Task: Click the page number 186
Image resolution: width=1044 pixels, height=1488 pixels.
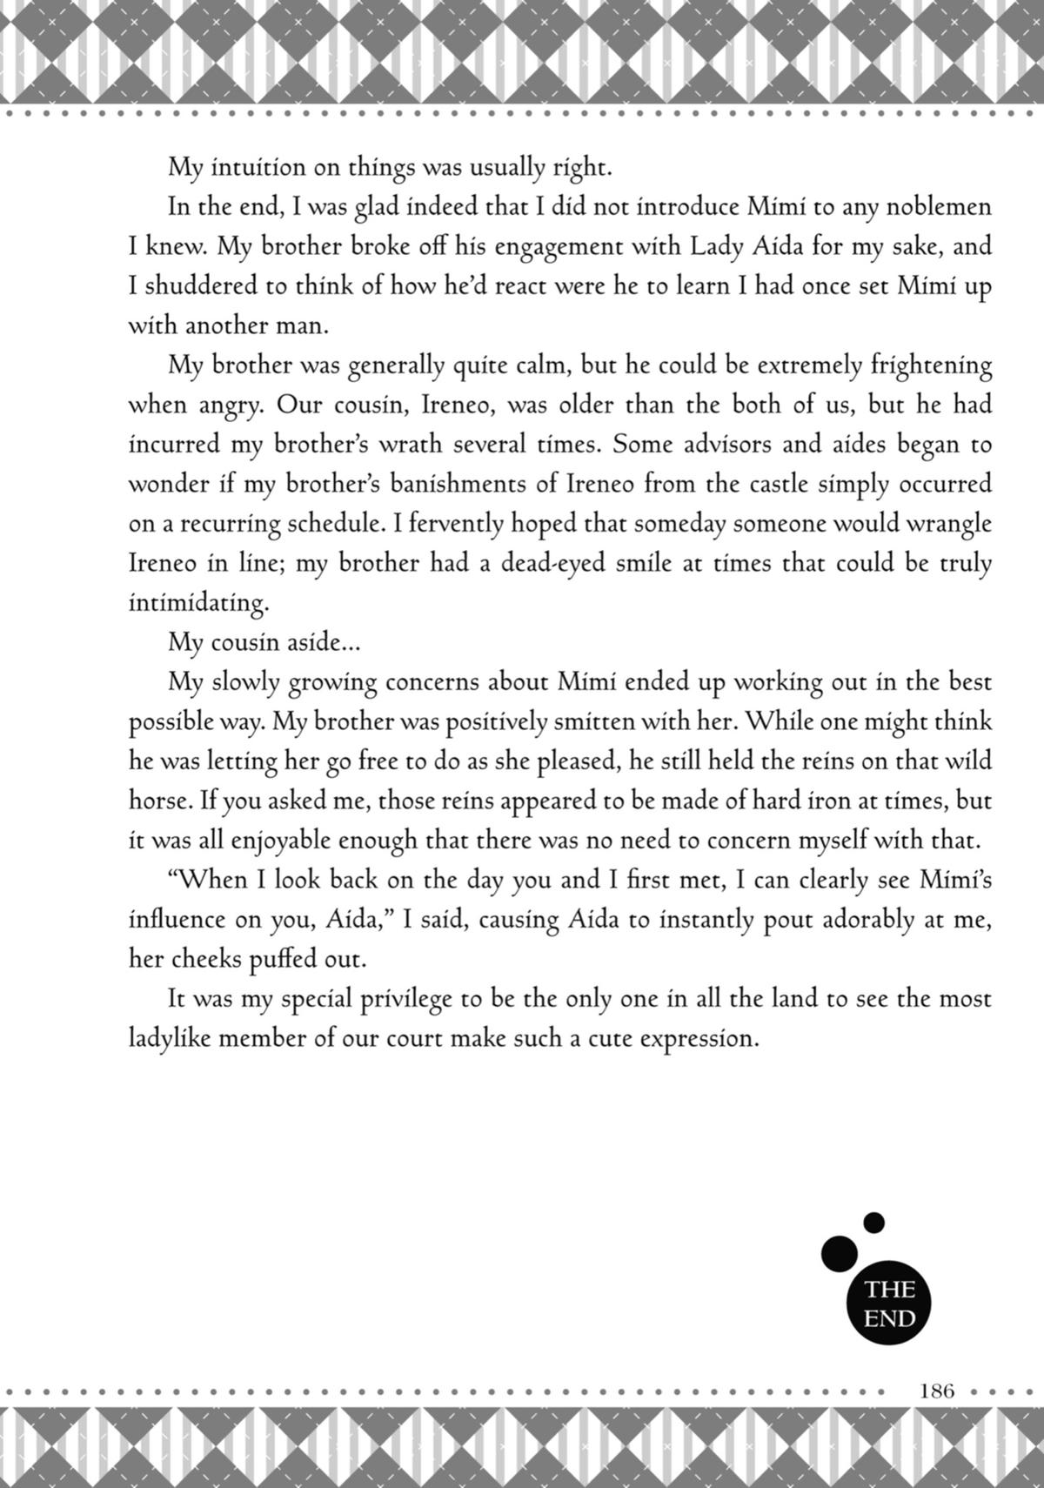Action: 937,1390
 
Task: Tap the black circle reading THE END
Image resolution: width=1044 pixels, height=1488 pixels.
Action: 889,1304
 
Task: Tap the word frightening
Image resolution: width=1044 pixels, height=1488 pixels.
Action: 931,365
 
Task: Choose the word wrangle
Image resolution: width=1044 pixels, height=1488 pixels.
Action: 948,524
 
